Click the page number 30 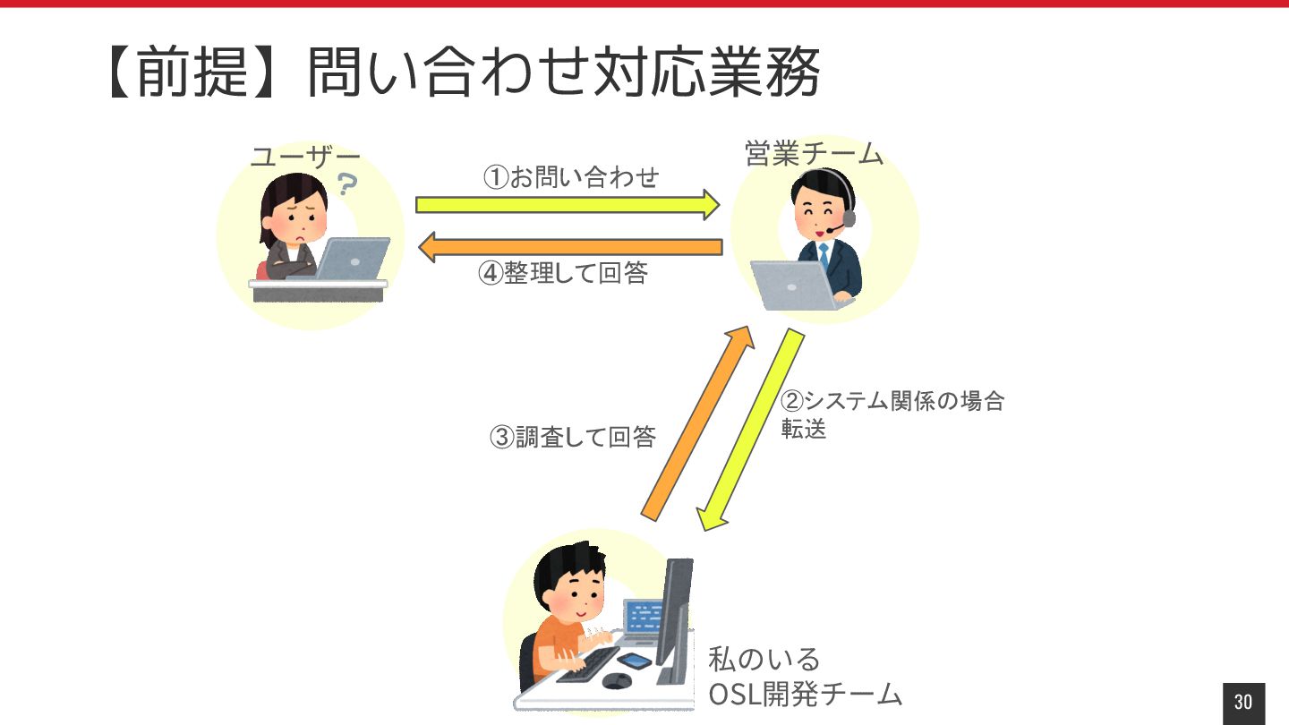pos(1243,702)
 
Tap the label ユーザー pos(305,158)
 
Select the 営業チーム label pos(814,154)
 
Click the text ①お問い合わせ pos(571,177)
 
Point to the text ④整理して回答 pos(563,273)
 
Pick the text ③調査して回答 pos(573,437)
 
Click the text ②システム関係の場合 pos(893,400)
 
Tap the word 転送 pos(804,429)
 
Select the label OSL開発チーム pos(805,694)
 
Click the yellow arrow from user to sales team pos(567,205)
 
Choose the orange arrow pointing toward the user pos(570,247)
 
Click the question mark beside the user pos(346,185)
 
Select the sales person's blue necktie pos(824,254)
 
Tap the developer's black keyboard pos(585,664)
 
